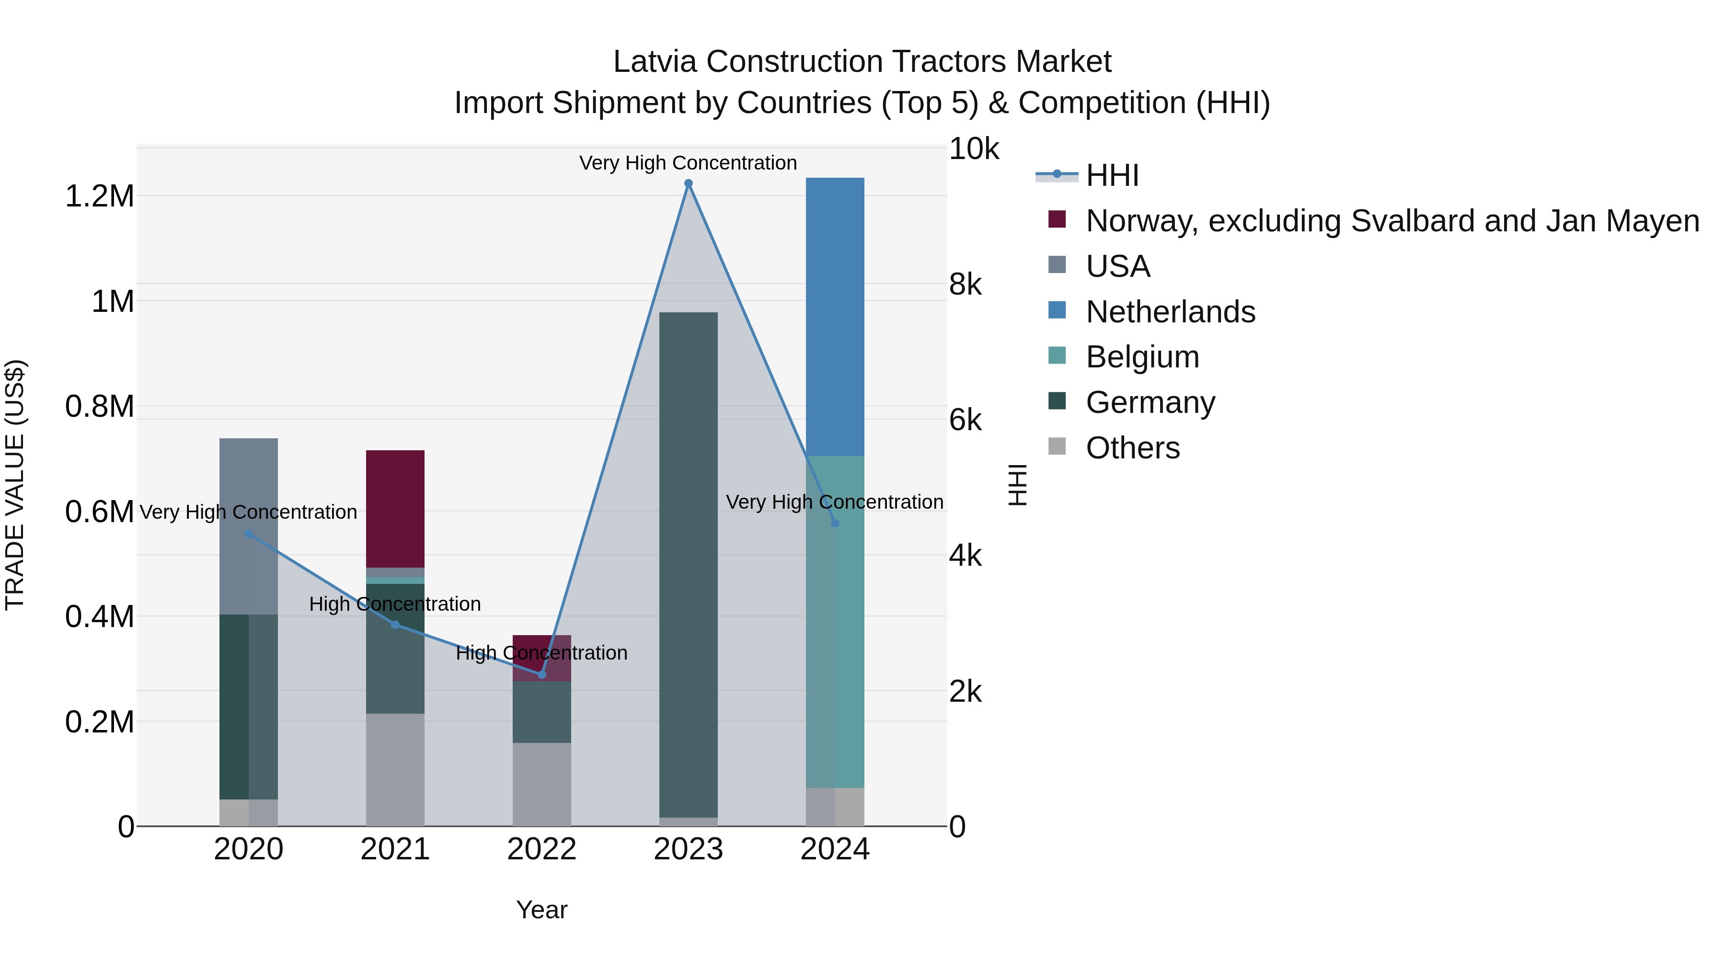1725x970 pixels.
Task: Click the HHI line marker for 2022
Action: tap(542, 674)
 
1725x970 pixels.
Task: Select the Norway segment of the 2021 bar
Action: tap(395, 509)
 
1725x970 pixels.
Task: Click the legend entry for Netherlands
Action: tap(1170, 312)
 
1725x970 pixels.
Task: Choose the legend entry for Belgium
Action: tap(1142, 357)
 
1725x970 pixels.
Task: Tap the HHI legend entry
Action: tap(1112, 175)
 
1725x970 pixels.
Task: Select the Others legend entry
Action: tap(1132, 448)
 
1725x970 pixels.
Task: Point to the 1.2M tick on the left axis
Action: tap(100, 196)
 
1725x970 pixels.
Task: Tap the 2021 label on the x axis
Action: tap(395, 849)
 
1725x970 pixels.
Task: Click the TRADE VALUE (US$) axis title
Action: tap(15, 485)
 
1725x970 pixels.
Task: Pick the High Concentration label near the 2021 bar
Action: tap(395, 604)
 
